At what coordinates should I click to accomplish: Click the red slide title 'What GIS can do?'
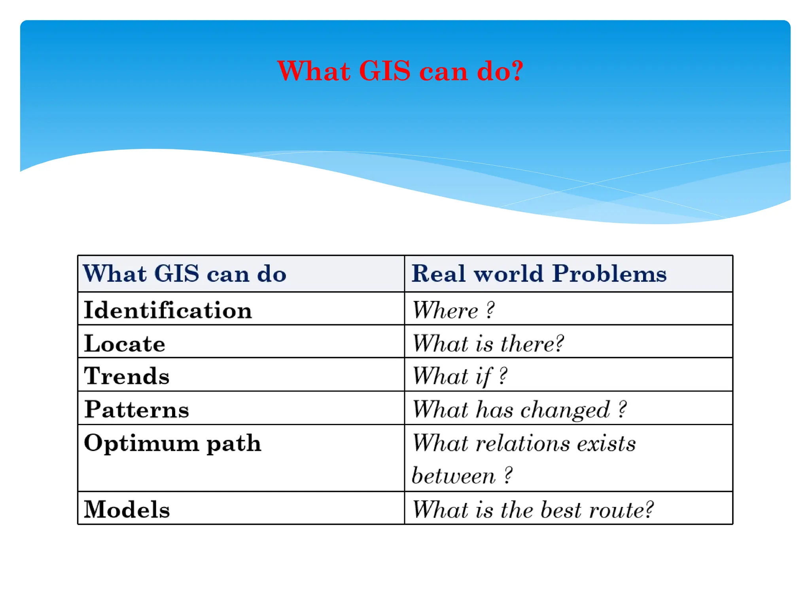tap(400, 71)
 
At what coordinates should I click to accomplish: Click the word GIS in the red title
tap(384, 71)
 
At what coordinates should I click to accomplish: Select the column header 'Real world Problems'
tap(539, 274)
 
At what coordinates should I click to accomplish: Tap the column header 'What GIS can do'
tap(184, 274)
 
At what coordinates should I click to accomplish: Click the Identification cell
tap(168, 310)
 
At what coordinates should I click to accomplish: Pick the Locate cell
tap(125, 343)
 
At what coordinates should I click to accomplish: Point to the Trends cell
tap(127, 376)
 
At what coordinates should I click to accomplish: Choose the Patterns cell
tap(136, 409)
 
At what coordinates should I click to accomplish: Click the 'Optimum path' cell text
tap(172, 443)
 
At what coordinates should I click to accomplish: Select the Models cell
tap(127, 509)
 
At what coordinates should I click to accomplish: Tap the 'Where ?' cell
tap(453, 310)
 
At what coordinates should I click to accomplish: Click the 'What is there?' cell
tap(488, 343)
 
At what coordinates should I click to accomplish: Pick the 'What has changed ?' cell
tap(519, 409)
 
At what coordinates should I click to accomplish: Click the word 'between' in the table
tap(453, 476)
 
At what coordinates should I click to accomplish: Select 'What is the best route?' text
tap(532, 509)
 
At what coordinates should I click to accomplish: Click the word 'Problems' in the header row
tap(609, 274)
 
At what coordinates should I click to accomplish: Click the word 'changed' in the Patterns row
tap(565, 410)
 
